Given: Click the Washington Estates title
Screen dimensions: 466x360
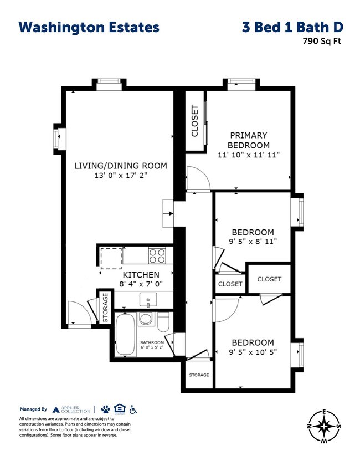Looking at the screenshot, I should (89, 27).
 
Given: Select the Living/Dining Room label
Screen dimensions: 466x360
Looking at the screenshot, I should (121, 166).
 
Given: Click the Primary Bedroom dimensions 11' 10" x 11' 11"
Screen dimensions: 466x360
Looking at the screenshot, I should (249, 155).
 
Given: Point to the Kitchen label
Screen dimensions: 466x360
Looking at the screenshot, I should (141, 275).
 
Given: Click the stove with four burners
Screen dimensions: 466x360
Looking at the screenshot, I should (158, 255).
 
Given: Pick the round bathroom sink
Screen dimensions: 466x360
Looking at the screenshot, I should (146, 319).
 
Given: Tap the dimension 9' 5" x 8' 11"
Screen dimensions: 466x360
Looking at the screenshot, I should (253, 241).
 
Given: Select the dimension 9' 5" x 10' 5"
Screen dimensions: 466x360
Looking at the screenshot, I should (253, 352).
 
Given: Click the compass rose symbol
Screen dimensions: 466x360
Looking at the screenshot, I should (324, 426).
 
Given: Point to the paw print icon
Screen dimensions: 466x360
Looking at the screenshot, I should (105, 409).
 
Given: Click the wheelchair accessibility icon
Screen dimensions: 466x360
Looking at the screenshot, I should (133, 409).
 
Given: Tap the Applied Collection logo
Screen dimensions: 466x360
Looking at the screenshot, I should (72, 409).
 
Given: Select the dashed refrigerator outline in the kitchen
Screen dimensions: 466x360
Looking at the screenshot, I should (111, 258).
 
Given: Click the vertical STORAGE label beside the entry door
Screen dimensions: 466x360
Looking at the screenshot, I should (105, 309).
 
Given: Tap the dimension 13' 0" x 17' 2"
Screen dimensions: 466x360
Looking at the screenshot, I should (121, 176).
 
